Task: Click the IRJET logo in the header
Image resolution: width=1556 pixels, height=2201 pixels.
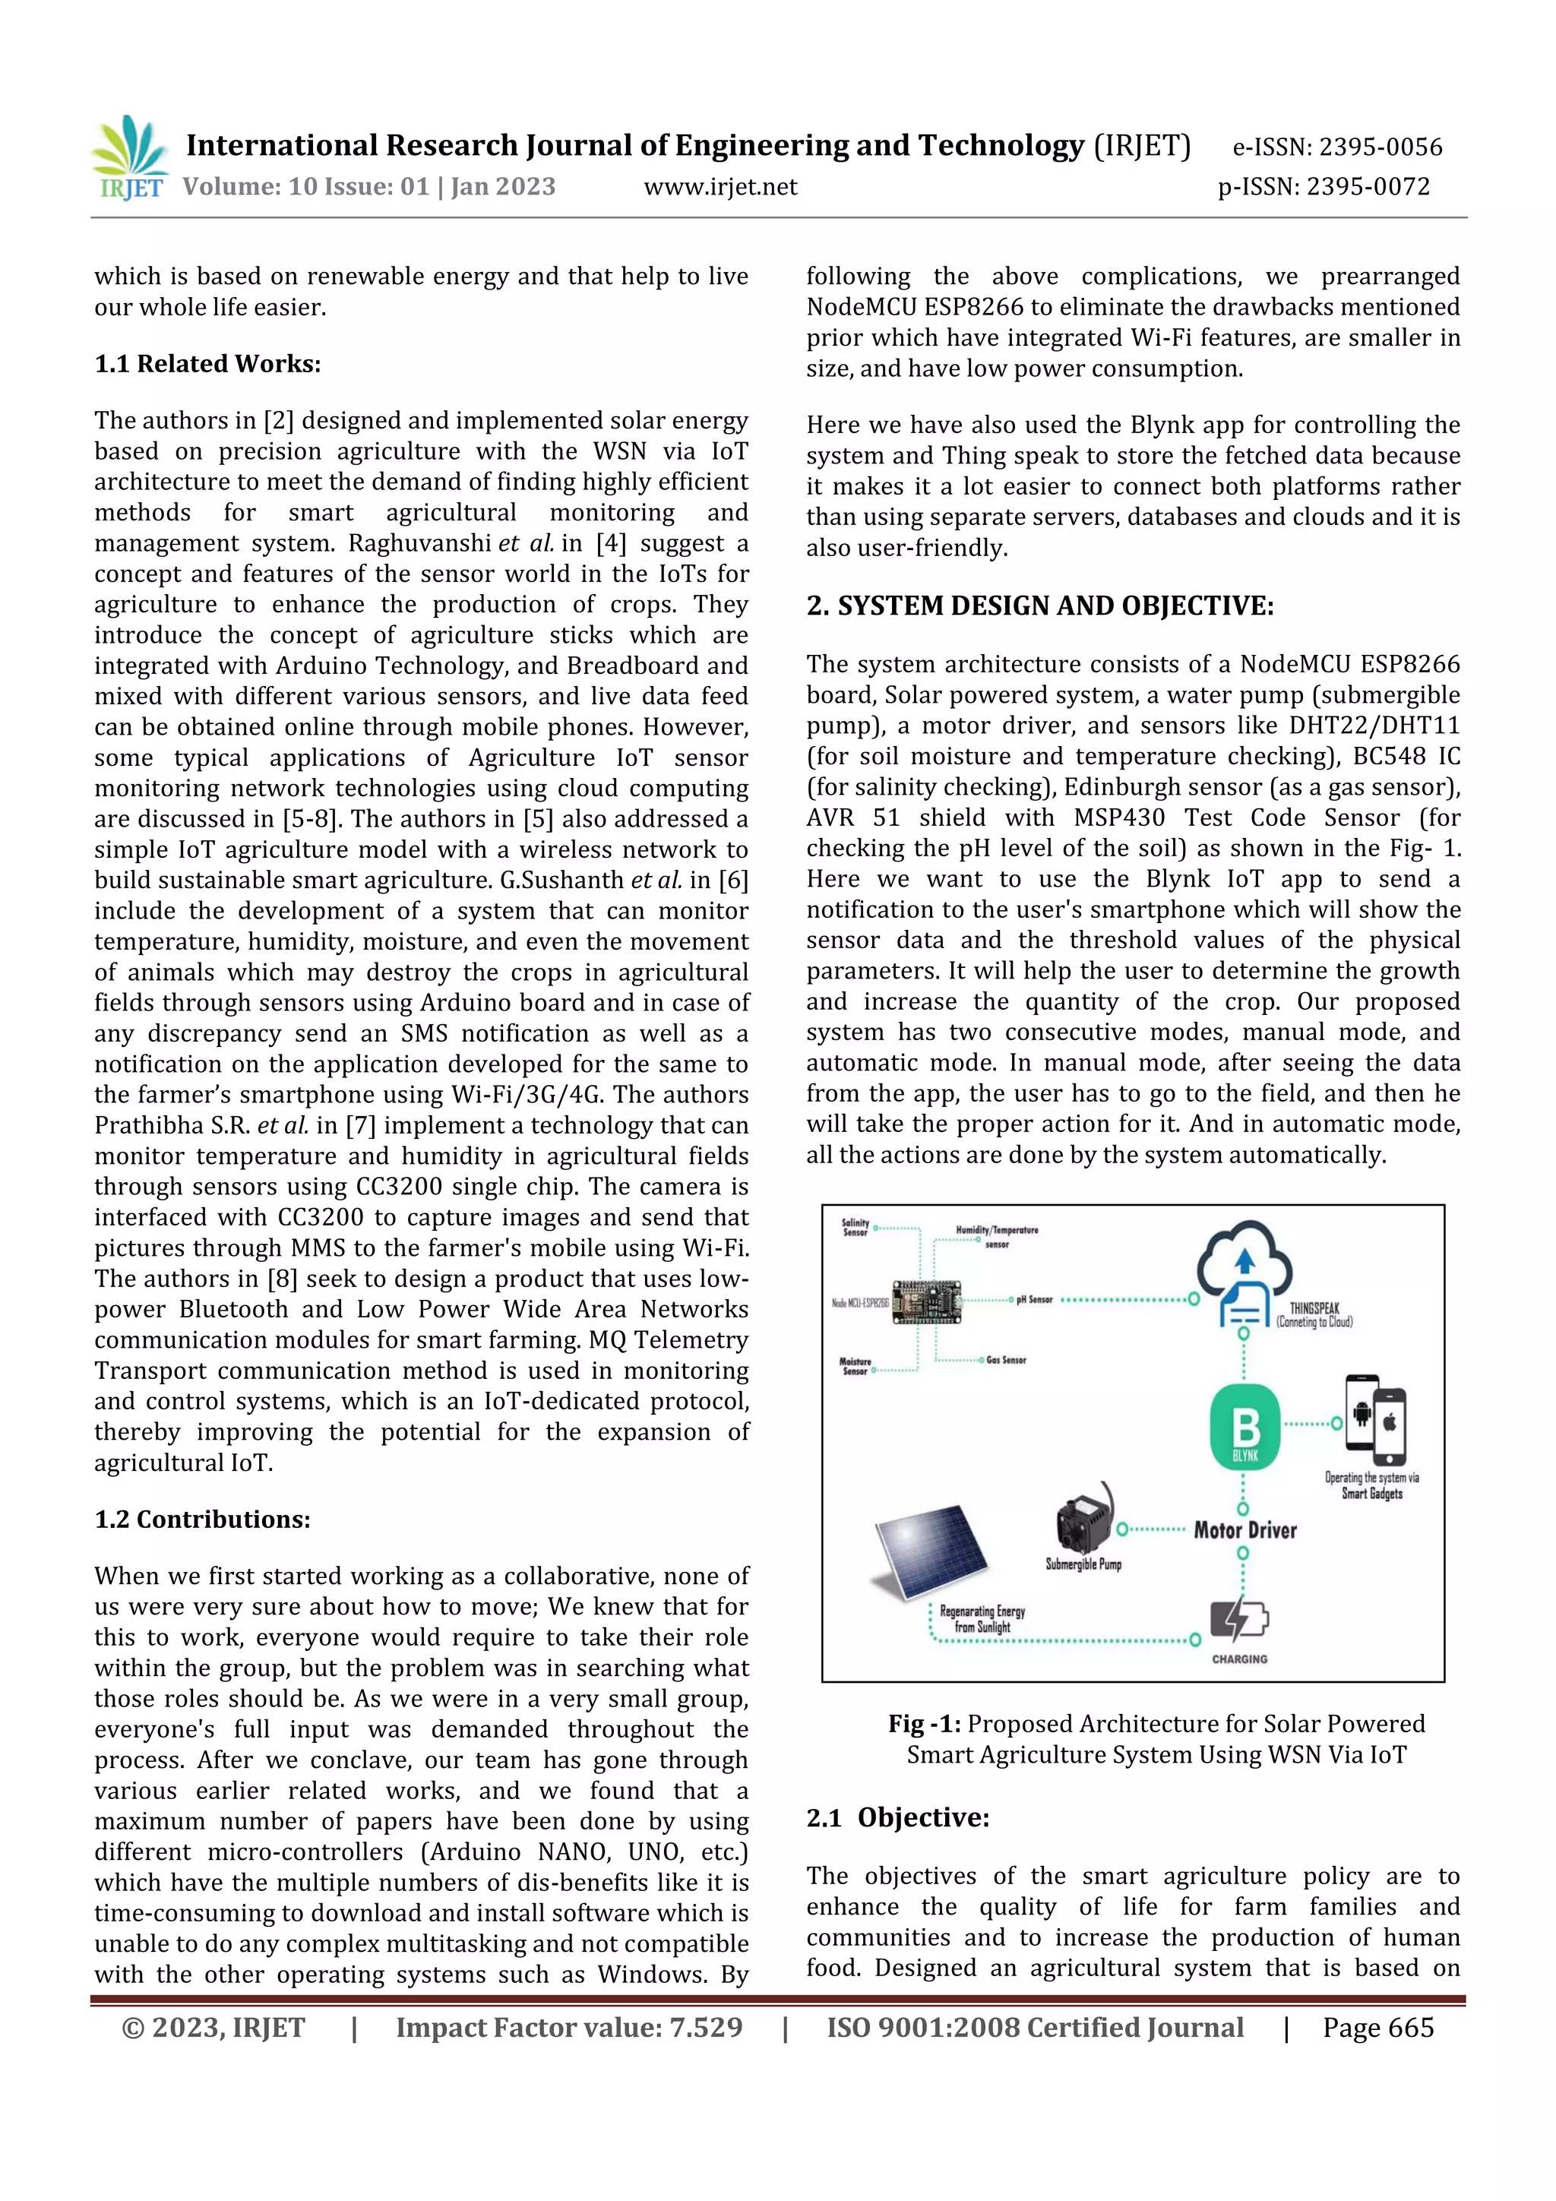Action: [x=129, y=158]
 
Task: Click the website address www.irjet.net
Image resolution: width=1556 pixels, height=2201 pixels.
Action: [x=720, y=187]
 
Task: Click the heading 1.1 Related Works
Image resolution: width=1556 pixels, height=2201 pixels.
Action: [x=207, y=364]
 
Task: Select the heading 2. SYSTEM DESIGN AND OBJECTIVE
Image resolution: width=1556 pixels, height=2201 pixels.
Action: [x=1039, y=606]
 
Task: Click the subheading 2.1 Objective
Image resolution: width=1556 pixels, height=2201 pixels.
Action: [x=897, y=1817]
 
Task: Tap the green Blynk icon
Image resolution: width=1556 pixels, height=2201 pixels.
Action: [x=1244, y=1429]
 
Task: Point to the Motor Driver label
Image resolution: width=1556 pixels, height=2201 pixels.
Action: [x=1244, y=1530]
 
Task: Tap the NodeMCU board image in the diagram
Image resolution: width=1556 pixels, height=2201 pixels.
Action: [x=927, y=1301]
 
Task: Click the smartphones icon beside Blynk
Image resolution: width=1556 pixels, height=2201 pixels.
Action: [x=1375, y=1416]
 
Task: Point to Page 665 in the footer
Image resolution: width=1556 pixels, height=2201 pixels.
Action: [x=1377, y=2028]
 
